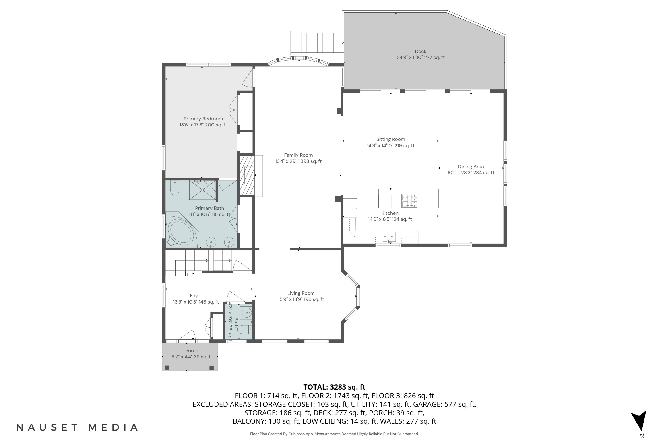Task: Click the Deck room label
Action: (420, 52)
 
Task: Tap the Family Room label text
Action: (298, 155)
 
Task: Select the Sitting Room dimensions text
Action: (390, 146)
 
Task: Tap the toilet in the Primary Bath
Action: (174, 188)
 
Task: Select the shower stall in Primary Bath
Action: (202, 190)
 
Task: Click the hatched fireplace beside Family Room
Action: (247, 176)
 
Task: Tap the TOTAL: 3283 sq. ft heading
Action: (334, 387)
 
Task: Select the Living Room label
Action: (301, 293)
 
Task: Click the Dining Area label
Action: (471, 167)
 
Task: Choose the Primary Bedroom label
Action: (203, 119)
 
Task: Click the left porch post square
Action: (167, 368)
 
